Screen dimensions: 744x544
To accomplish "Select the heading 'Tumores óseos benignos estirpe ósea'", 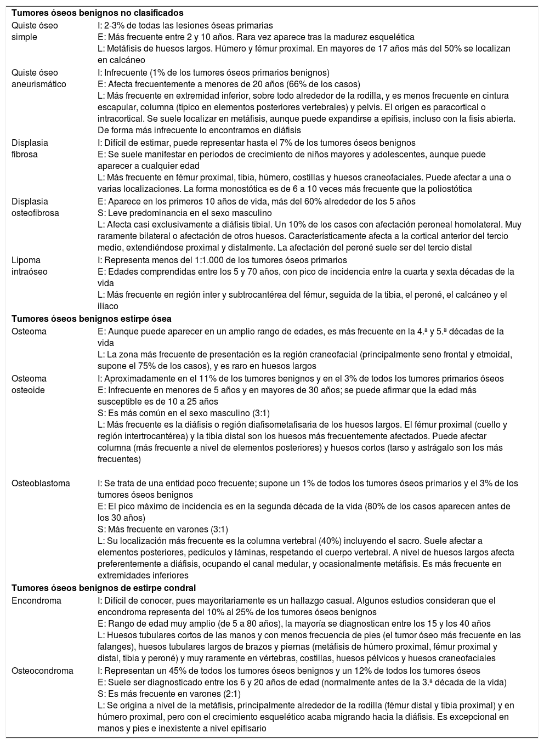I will click(x=92, y=319).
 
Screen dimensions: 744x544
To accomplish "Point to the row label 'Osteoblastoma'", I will click(x=41, y=484).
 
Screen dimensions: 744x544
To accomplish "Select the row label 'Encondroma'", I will click(x=37, y=600).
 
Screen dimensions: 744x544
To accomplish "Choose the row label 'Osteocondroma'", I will click(x=43, y=671).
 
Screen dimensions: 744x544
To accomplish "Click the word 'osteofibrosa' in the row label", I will click(x=36, y=213).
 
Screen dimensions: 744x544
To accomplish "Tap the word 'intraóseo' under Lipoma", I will click(x=30, y=271).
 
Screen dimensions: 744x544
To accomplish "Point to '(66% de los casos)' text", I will click(x=326, y=84).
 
